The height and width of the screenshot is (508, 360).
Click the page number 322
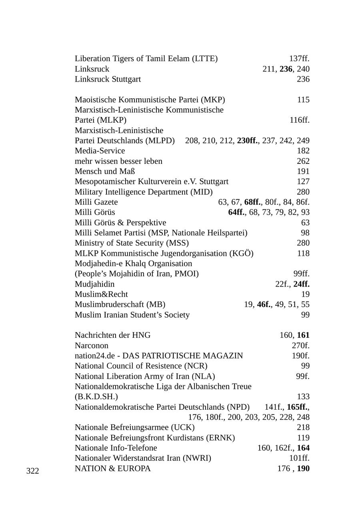click(33, 471)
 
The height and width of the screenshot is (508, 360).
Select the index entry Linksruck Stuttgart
click(108, 79)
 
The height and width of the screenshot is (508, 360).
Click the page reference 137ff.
click(299, 59)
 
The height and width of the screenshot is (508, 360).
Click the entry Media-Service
click(100, 151)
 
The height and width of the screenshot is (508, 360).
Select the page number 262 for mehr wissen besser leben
click(303, 161)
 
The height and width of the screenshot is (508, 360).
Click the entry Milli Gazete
click(96, 202)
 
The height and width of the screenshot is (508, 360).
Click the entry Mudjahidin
click(94, 284)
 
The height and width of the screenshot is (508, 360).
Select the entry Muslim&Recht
click(101, 295)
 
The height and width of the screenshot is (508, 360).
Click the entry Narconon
click(91, 345)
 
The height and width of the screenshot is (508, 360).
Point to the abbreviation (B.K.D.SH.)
click(96, 396)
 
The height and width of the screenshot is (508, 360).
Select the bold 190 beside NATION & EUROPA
click(303, 468)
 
